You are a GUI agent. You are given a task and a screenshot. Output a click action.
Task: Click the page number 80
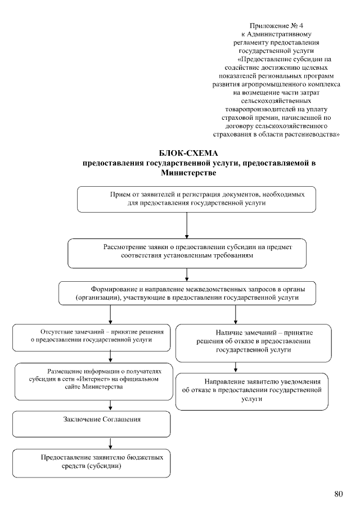click(x=338, y=494)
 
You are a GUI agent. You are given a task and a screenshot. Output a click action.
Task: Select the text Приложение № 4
click(x=280, y=26)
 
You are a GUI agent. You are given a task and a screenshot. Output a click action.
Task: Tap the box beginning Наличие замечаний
click(x=253, y=342)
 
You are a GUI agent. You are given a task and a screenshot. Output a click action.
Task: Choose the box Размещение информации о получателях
click(x=92, y=379)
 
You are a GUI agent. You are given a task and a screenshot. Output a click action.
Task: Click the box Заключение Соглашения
click(x=92, y=424)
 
